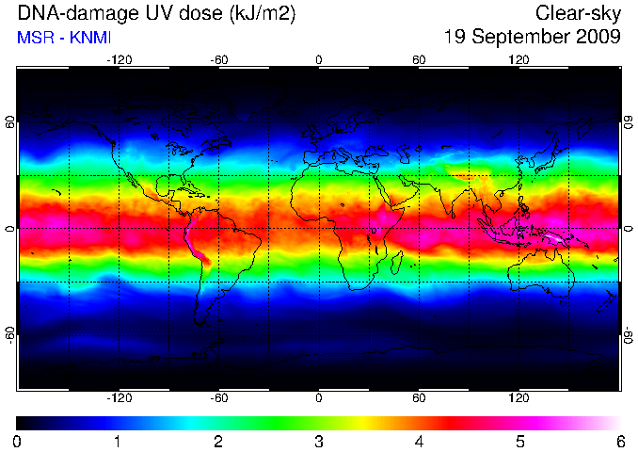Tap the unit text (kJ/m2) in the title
[x=263, y=14]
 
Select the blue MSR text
[x=36, y=38]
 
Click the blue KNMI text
[x=90, y=38]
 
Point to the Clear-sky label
[x=578, y=14]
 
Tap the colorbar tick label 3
[x=319, y=442]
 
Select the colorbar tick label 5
[x=520, y=442]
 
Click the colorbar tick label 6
[x=620, y=442]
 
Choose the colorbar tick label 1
[x=118, y=442]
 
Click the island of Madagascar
[x=396, y=262]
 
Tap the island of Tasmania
[x=563, y=303]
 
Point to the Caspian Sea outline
[x=404, y=153]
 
